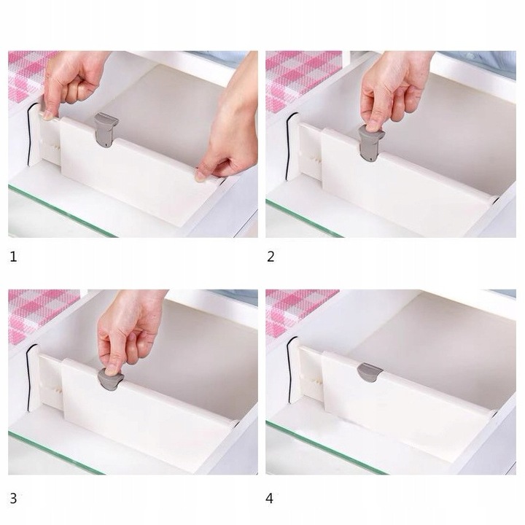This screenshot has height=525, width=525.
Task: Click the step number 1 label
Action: pyautogui.click(x=12, y=257)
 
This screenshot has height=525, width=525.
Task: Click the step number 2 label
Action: pyautogui.click(x=271, y=257)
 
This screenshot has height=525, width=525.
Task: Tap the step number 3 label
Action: pyautogui.click(x=13, y=499)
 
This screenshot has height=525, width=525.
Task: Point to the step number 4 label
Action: pyautogui.click(x=271, y=499)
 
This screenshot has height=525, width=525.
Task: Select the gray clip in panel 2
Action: pyautogui.click(x=370, y=144)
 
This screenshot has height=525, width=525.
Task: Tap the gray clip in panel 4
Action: pyautogui.click(x=370, y=372)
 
